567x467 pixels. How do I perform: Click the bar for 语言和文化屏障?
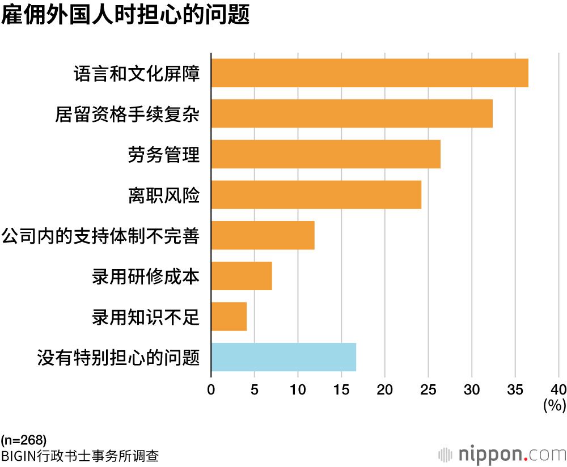click(370, 73)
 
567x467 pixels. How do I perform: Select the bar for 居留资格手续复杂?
click(352, 113)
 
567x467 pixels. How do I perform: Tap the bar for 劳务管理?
click(325, 154)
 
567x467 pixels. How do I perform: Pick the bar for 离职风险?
click(316, 195)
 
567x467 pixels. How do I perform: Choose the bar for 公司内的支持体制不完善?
click(263, 235)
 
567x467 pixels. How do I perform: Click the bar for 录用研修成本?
click(242, 276)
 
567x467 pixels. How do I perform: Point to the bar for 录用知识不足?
click(229, 316)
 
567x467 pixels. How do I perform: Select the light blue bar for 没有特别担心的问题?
click(283, 357)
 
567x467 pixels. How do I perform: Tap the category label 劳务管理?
click(164, 155)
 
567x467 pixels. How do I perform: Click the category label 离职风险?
click(164, 196)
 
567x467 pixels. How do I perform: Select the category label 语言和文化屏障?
click(137, 74)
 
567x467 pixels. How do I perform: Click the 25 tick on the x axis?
click(428, 389)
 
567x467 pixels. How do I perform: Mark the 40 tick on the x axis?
click(558, 389)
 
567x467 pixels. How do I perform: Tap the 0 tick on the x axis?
click(211, 389)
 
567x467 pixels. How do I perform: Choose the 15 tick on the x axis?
click(341, 389)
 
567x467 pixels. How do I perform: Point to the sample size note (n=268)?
click(23, 440)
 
